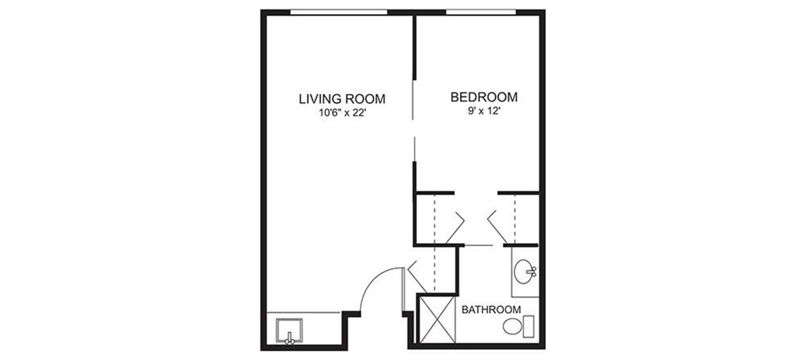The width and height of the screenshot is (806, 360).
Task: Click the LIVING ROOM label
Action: tap(342, 99)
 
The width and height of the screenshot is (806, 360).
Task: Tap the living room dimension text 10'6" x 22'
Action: tap(342, 113)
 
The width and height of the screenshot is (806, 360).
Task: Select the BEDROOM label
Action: tap(484, 97)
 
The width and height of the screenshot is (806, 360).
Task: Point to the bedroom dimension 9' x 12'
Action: tap(484, 111)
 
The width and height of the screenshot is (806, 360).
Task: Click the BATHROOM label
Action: tap(491, 310)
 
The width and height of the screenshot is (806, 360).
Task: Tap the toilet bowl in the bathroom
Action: tap(512, 326)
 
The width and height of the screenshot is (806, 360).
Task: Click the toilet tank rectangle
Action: tap(529, 326)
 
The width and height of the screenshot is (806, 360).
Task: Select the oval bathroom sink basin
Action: tap(523, 271)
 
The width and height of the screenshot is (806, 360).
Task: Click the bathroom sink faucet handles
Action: tap(533, 271)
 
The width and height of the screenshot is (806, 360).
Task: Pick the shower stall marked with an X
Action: tap(437, 319)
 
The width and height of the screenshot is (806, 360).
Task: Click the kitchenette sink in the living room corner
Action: tap(289, 330)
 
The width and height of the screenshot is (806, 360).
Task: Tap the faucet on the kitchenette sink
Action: tap(289, 339)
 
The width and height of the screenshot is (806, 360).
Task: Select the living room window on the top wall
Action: tap(339, 12)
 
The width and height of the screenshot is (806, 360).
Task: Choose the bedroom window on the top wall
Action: tap(481, 12)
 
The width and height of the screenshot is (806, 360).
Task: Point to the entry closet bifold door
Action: tap(417, 277)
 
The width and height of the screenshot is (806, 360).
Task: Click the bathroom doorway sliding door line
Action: tap(478, 246)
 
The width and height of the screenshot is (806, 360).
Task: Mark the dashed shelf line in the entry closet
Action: tap(435, 269)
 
